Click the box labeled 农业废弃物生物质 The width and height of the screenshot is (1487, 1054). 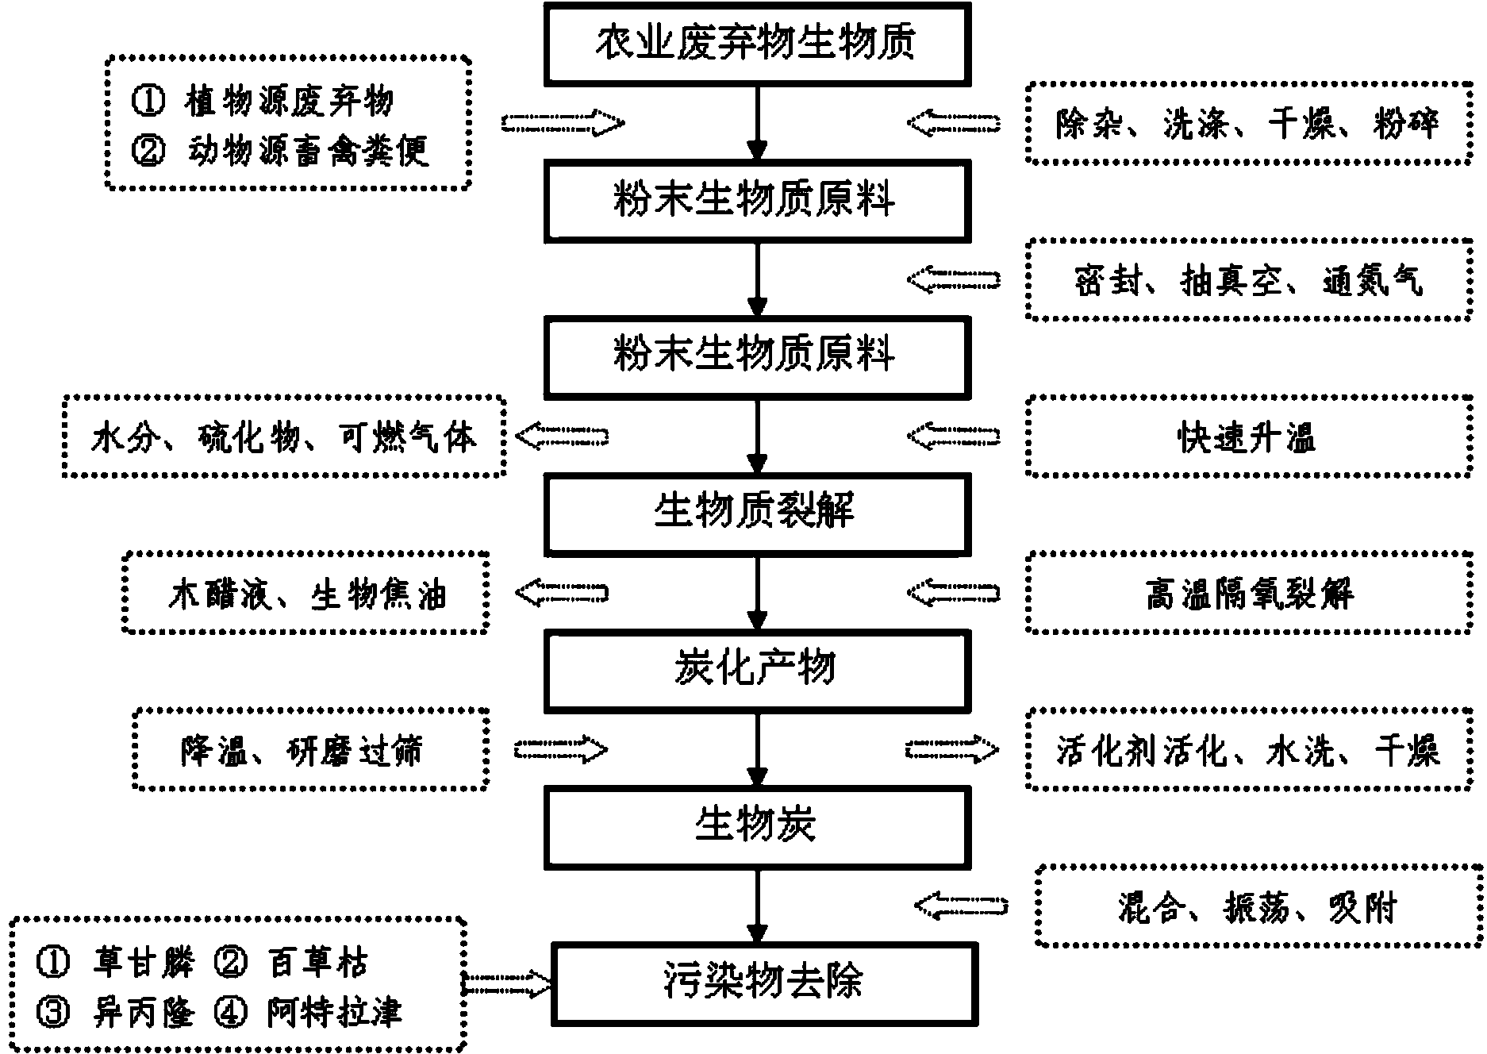757,43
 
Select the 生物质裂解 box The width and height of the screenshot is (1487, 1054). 757,513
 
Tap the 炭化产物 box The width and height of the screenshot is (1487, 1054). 757,670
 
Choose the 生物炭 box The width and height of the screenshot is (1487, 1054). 757,826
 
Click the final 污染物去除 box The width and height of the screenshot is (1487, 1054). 764,983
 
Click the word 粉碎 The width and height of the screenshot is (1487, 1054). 1406,124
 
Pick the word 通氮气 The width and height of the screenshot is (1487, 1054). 1373,281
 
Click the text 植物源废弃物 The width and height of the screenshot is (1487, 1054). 290,101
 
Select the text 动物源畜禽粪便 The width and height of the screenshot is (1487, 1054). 308,150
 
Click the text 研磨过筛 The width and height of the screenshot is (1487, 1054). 354,751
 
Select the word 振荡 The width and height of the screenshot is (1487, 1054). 1256,906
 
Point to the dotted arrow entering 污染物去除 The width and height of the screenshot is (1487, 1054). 507,985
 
